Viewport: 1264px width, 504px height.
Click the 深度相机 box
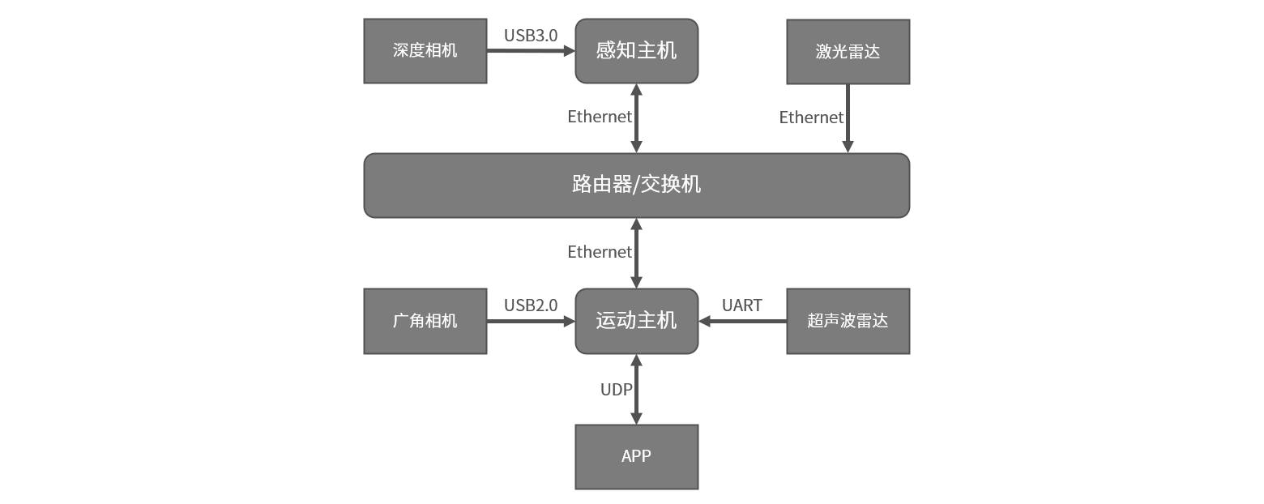tap(425, 51)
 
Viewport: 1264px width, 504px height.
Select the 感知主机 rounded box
tap(636, 51)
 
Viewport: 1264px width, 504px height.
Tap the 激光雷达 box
tap(848, 52)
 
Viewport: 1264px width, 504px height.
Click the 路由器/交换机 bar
tap(636, 186)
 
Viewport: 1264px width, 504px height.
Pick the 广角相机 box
tap(425, 321)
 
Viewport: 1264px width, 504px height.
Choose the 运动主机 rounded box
tap(636, 321)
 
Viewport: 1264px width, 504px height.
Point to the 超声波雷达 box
tap(848, 321)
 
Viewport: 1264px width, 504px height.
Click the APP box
tap(636, 456)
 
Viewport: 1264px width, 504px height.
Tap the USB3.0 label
tap(531, 36)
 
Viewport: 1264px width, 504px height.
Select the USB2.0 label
tap(531, 305)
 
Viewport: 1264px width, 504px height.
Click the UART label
tap(741, 305)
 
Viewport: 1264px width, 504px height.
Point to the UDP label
tap(616, 390)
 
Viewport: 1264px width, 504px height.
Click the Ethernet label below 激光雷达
tap(811, 117)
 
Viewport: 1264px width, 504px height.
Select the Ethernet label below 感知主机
tap(599, 117)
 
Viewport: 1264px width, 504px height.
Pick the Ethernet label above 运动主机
tap(599, 252)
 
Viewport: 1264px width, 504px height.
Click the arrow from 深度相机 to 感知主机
tap(531, 50)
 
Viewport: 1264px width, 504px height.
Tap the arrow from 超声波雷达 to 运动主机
tap(742, 321)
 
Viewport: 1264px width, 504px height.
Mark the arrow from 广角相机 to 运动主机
tap(531, 321)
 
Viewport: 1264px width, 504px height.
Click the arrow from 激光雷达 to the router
tap(848, 118)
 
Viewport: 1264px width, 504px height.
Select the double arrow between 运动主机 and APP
tap(636, 390)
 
